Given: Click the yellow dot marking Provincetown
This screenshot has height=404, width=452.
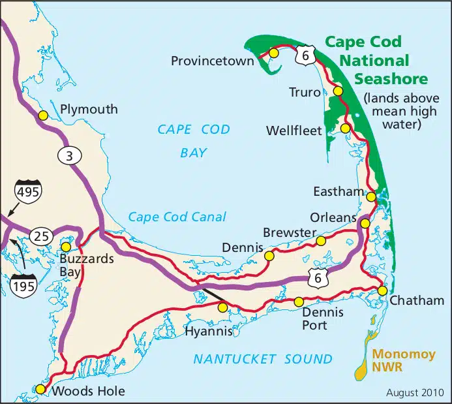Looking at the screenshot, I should (274, 53).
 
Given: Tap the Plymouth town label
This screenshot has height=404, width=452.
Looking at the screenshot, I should (89, 109).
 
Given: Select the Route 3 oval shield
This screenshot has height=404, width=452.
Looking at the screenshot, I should (69, 155).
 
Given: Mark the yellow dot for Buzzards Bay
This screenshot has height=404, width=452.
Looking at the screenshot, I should (66, 247).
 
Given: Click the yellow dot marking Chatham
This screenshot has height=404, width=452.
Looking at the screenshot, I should (383, 290).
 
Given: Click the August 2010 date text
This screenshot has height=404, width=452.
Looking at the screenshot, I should (415, 392).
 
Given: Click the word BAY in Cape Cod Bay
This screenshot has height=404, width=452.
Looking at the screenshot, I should (193, 153).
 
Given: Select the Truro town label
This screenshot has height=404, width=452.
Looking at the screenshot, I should (305, 93).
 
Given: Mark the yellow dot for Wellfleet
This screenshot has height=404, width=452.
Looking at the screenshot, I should (345, 128).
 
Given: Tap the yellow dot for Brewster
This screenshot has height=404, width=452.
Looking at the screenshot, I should (320, 241).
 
